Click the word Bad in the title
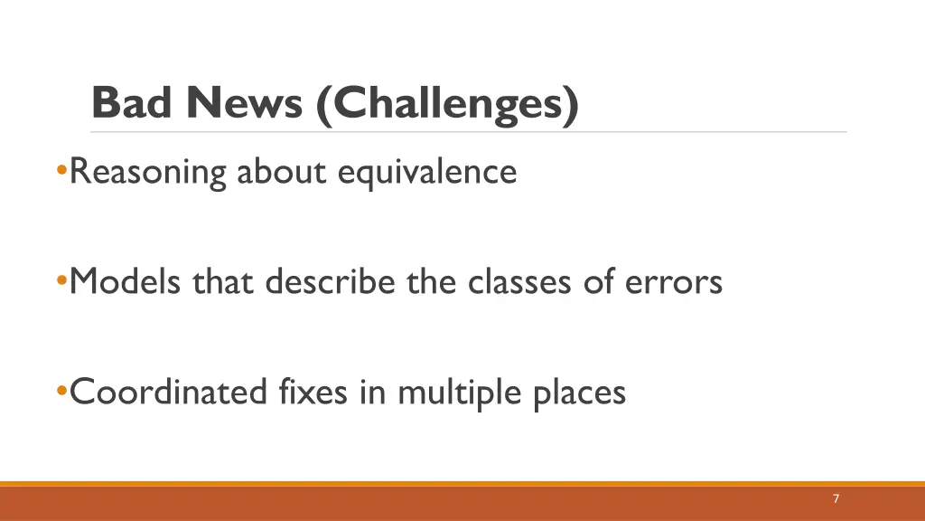pos(132,103)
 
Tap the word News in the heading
pos(244,103)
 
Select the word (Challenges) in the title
pos(447,104)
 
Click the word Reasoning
pos(148,171)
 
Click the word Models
pos(126,281)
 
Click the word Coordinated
pos(169,392)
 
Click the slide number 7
pos(836,498)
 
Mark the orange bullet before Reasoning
pos(61,170)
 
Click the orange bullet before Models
pos(61,281)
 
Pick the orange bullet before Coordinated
pos(61,392)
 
